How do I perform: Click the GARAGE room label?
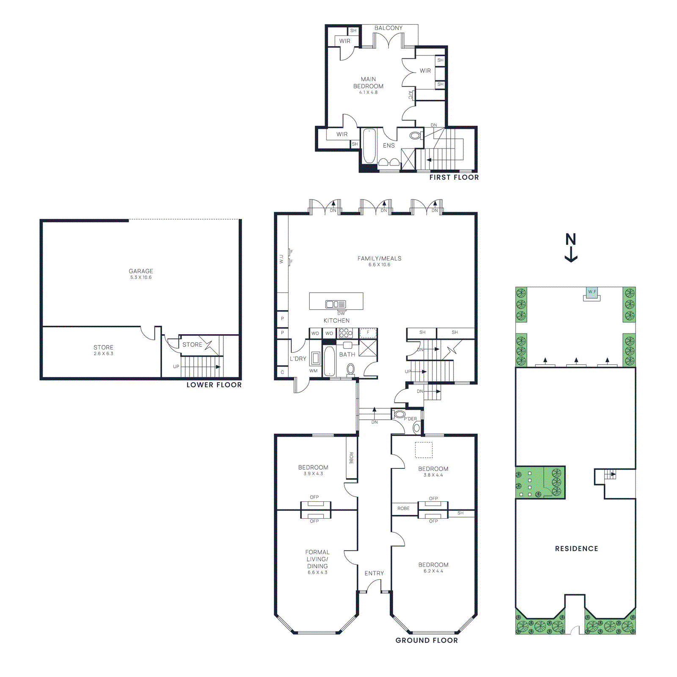pos(141,271)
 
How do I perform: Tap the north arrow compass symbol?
pos(571,248)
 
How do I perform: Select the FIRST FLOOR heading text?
pos(454,177)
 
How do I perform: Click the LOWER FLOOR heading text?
pos(214,385)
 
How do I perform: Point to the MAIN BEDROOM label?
pos(368,83)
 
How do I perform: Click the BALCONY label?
pos(388,28)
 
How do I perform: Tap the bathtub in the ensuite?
pos(369,146)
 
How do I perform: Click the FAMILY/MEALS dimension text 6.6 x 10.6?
pos(379,265)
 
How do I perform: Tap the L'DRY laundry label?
pos(298,358)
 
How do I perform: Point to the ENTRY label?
pos(374,573)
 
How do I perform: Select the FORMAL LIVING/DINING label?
pos(317,559)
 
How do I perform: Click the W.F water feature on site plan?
pos(592,292)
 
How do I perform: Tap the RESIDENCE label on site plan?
pos(576,548)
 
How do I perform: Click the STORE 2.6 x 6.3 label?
pos(103,350)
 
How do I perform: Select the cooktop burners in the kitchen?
pos(345,333)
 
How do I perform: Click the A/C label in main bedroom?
pos(410,95)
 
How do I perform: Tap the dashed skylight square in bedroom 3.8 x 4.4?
pos(424,450)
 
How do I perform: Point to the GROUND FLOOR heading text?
pos(427,640)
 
